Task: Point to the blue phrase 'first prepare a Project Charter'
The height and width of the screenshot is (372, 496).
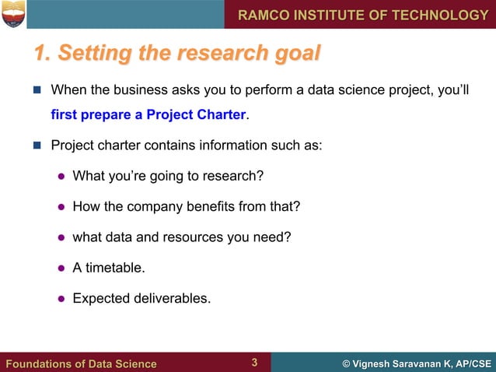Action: (x=148, y=116)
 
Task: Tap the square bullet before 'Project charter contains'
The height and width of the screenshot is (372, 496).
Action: (x=37, y=146)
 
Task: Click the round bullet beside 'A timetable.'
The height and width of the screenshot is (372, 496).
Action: (x=60, y=268)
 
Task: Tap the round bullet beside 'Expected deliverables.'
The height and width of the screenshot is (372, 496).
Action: (x=60, y=297)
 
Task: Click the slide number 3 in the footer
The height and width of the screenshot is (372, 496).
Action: (x=254, y=363)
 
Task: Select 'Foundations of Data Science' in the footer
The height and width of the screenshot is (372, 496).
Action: (x=81, y=363)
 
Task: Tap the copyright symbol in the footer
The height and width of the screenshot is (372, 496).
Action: (x=346, y=363)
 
